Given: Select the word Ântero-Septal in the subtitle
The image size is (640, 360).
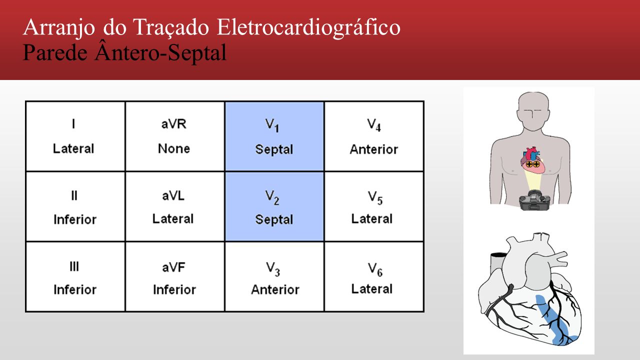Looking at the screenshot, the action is tap(161, 52).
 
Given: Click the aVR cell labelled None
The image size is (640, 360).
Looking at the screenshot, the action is tap(175, 136).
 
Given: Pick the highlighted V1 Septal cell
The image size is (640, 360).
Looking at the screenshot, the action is tap(274, 136).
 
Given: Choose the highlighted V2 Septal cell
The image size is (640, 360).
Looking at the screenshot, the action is tap(274, 206).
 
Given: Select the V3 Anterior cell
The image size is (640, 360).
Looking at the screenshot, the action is tap(274, 276).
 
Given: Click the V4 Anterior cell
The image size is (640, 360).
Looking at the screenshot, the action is tap(374, 136).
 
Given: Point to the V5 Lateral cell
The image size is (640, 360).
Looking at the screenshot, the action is tap(374, 206).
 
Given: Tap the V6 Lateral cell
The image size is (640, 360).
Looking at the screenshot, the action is tap(374, 276).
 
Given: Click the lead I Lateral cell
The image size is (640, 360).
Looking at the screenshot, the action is tap(75, 136).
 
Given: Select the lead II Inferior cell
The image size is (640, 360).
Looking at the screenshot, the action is tap(75, 206).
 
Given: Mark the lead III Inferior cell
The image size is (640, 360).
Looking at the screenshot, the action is tap(75, 276).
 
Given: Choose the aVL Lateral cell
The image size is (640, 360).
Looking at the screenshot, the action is tap(175, 206).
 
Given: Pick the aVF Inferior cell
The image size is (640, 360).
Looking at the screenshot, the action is tap(175, 276).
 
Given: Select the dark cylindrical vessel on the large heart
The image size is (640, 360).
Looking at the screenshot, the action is tap(497, 263).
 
